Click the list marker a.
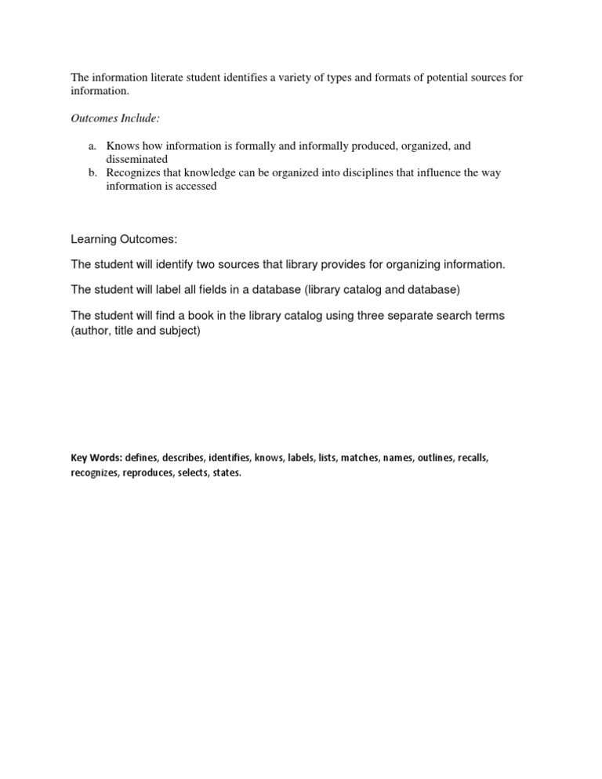click(x=91, y=146)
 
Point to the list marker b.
click(x=91, y=172)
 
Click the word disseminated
click(x=137, y=159)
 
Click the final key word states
click(x=225, y=473)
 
